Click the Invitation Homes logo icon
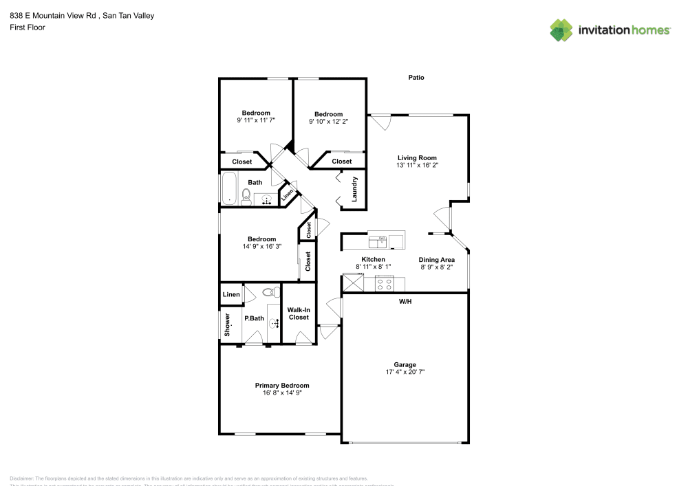(561, 30)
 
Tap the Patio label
(416, 78)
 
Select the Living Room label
(417, 158)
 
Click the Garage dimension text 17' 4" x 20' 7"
(405, 372)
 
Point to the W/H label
(405, 301)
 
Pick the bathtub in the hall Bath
(228, 189)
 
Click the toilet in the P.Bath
(268, 292)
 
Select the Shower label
(226, 325)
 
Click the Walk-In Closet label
(299, 313)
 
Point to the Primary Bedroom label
(282, 386)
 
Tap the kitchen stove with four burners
(385, 283)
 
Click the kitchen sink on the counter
(379, 241)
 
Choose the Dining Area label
(437, 260)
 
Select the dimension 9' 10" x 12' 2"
(328, 122)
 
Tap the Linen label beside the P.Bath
(231, 295)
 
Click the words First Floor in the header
(28, 27)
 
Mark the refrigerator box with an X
(353, 283)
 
